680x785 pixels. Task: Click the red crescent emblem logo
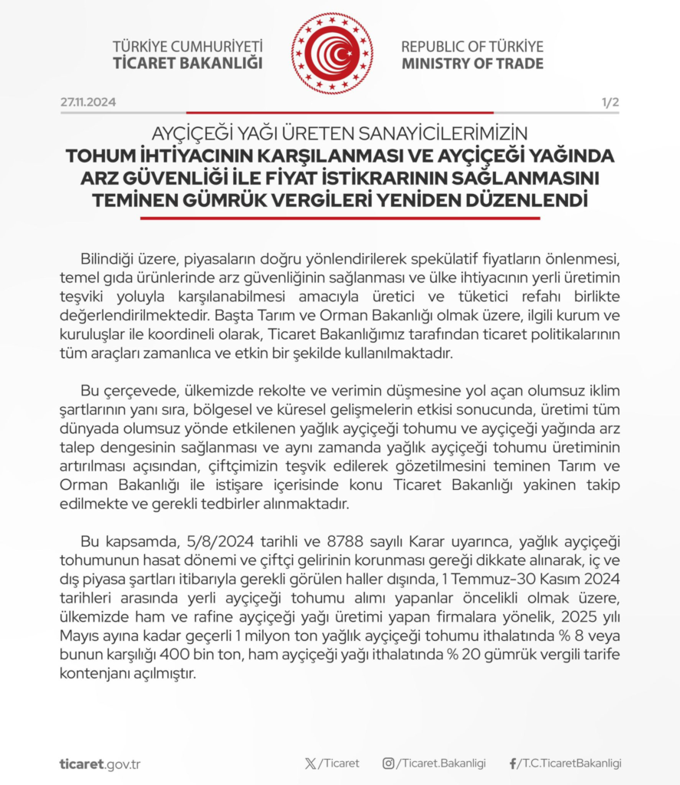(332, 54)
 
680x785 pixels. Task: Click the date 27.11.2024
(88, 103)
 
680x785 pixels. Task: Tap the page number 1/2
(610, 103)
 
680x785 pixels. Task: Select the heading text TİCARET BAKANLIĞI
(188, 64)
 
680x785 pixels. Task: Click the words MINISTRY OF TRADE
(472, 64)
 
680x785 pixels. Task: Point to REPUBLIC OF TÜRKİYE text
(472, 46)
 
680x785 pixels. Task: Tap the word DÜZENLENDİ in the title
(527, 202)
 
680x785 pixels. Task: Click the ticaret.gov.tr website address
(100, 764)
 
